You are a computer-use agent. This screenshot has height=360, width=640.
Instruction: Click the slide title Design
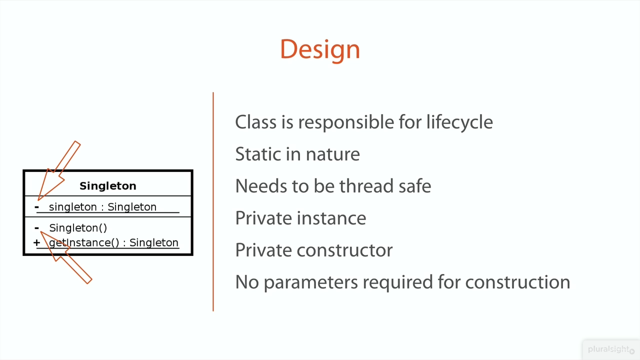(320, 49)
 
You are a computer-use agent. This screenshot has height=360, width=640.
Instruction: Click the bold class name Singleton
(107, 186)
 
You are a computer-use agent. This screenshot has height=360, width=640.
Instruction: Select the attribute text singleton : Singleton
(102, 207)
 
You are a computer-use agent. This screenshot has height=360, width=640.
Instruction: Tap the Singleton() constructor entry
(78, 228)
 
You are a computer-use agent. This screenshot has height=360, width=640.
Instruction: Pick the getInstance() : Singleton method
(113, 242)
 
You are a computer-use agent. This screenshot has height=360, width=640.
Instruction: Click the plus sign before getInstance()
(36, 242)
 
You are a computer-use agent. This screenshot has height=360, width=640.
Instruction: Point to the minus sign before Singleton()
(36, 228)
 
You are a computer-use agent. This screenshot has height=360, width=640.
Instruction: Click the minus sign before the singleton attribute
(36, 207)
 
